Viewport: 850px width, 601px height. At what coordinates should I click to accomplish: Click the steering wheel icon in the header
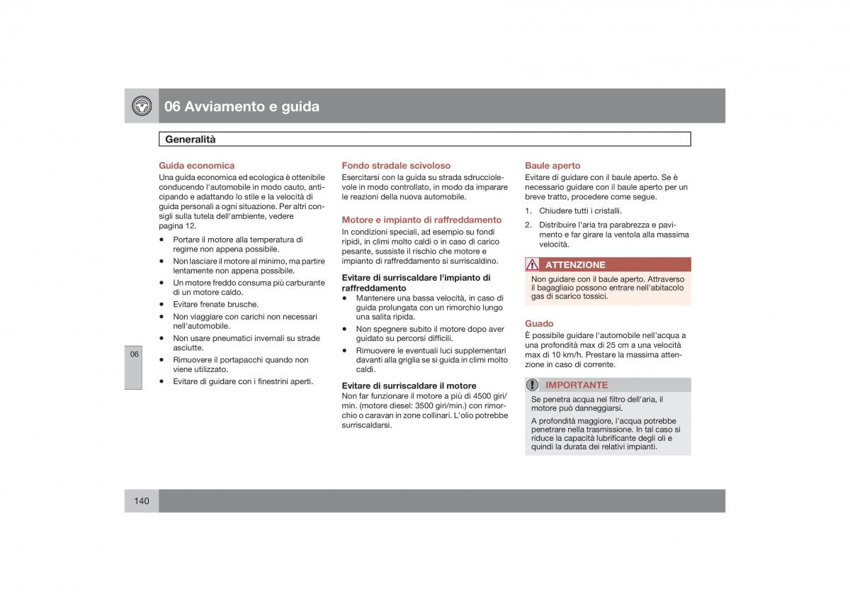[x=142, y=106]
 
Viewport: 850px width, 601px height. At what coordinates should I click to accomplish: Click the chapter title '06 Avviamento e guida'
[x=242, y=106]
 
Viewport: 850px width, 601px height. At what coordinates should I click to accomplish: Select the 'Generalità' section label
[x=191, y=140]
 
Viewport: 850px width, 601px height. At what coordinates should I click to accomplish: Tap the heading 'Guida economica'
[x=196, y=166]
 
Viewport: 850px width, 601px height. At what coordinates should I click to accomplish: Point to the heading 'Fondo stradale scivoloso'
[x=396, y=166]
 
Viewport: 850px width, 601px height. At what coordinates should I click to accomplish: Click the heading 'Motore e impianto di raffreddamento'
[x=421, y=220]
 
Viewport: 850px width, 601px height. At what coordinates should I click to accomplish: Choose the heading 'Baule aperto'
[x=552, y=166]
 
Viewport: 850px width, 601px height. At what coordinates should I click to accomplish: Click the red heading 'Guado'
[x=539, y=324]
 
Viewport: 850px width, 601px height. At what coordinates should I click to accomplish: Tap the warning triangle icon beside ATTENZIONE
[x=533, y=265]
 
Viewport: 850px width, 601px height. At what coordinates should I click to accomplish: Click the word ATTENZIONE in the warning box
[x=575, y=265]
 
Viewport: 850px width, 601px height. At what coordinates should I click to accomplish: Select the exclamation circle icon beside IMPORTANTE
[x=533, y=385]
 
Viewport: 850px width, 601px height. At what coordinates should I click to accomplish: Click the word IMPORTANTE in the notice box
[x=577, y=385]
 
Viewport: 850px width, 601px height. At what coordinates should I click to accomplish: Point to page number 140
[x=141, y=501]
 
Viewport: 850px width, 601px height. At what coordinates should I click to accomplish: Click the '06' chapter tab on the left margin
[x=135, y=354]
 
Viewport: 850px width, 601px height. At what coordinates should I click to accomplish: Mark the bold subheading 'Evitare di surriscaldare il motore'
[x=409, y=386]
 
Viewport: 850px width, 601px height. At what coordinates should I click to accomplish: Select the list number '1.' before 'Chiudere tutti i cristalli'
[x=528, y=211]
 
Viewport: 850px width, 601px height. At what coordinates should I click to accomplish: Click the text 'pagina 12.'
[x=177, y=226]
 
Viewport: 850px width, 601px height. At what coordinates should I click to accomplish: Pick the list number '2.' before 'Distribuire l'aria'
[x=528, y=225]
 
